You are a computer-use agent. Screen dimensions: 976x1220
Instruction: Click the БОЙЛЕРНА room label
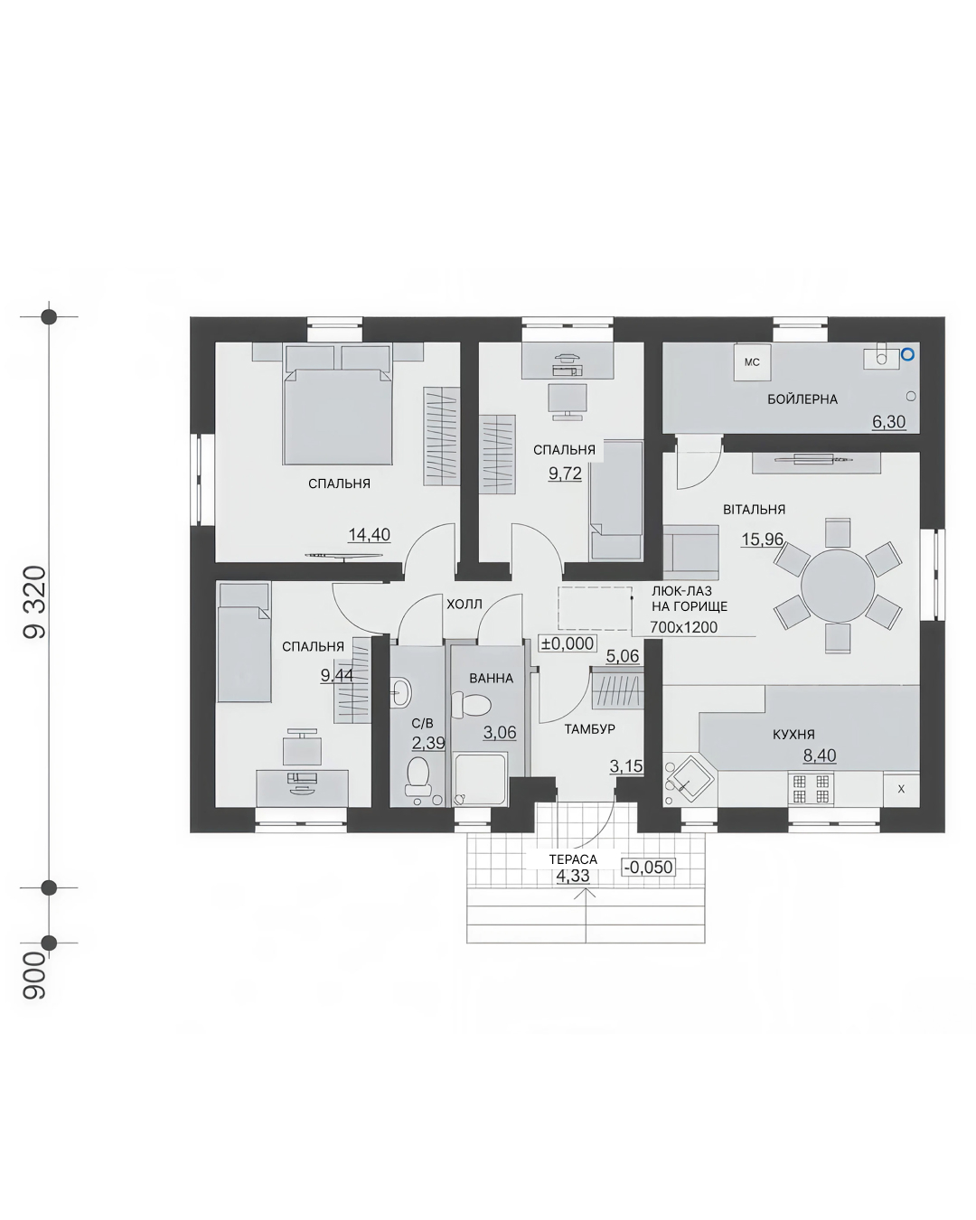pyautogui.click(x=802, y=399)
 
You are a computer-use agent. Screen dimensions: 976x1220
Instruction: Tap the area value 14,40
pyautogui.click(x=369, y=534)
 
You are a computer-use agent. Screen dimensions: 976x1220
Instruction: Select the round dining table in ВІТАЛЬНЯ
pyautogui.click(x=837, y=586)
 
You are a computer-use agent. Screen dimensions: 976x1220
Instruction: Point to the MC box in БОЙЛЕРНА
pyautogui.click(x=752, y=362)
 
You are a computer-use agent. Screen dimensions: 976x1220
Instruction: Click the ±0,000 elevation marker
pyautogui.click(x=568, y=643)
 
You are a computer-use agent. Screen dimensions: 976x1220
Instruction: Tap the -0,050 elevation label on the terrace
pyautogui.click(x=649, y=867)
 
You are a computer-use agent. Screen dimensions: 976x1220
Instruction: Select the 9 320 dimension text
pyautogui.click(x=34, y=602)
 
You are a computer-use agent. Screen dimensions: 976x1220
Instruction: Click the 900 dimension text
pyautogui.click(x=34, y=975)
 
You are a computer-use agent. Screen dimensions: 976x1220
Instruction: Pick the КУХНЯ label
pyautogui.click(x=793, y=735)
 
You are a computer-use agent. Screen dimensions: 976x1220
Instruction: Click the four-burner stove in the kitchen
pyautogui.click(x=811, y=789)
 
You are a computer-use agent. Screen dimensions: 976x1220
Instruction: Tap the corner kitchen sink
pyautogui.click(x=688, y=780)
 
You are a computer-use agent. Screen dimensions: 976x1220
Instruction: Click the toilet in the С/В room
pyautogui.click(x=417, y=775)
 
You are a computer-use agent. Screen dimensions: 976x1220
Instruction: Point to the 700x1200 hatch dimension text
pyautogui.click(x=683, y=627)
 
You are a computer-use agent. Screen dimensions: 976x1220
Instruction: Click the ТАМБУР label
pyautogui.click(x=589, y=729)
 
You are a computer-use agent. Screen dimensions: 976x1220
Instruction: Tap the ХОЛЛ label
pyautogui.click(x=464, y=605)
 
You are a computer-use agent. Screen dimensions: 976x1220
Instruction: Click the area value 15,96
pyautogui.click(x=762, y=539)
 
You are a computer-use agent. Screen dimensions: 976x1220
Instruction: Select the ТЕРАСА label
pyautogui.click(x=573, y=859)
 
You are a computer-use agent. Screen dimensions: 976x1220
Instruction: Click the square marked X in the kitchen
pyautogui.click(x=901, y=789)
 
